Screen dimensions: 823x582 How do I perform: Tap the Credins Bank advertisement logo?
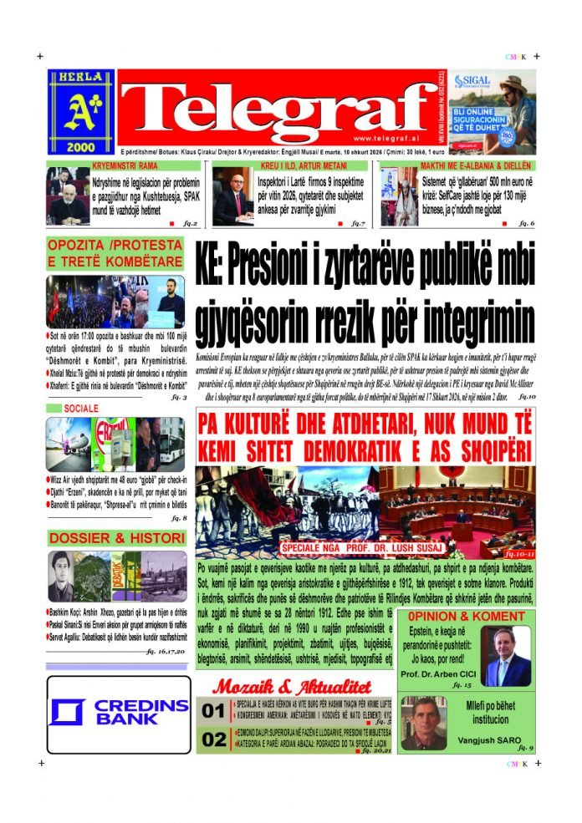pos(118,714)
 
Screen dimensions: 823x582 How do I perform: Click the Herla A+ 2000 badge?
pos(80,109)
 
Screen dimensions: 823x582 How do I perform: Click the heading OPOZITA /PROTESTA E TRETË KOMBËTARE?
pos(115,254)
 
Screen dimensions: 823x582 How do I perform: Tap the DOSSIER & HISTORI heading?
pos(116,537)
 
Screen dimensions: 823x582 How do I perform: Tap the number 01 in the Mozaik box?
pos(213,712)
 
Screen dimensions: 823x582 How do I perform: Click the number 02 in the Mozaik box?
pos(214,739)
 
